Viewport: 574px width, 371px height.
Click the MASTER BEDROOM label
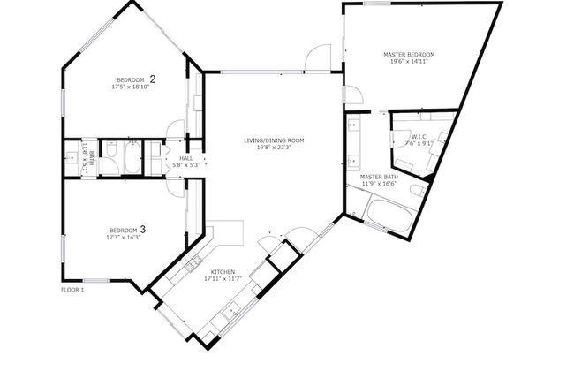[408, 55]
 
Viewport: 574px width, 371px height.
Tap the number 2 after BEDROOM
[152, 79]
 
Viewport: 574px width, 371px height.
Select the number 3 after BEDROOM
[142, 230]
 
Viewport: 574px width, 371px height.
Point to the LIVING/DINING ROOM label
[274, 140]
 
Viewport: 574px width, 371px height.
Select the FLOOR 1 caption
[72, 290]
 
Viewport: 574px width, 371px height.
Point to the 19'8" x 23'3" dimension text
[274, 148]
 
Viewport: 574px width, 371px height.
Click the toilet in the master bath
[418, 191]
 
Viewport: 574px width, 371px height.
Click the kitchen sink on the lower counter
[231, 310]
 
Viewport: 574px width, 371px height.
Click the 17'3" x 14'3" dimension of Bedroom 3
[125, 237]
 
